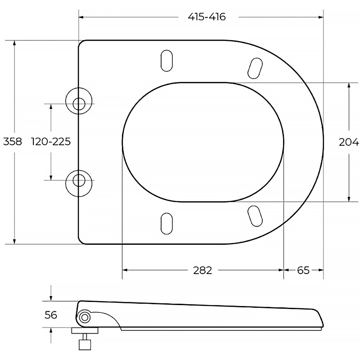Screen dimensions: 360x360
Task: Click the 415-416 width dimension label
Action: click(x=207, y=17)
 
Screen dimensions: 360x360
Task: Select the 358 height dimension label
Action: click(x=13, y=141)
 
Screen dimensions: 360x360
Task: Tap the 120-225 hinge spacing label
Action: click(x=51, y=141)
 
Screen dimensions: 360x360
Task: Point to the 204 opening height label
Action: click(x=349, y=142)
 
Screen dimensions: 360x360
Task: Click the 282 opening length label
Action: click(x=202, y=270)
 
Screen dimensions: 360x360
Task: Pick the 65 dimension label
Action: click(x=303, y=270)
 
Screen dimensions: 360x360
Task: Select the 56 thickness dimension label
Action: click(x=51, y=315)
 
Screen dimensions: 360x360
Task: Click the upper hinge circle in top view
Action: click(x=79, y=101)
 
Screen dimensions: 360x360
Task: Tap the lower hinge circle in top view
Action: click(x=79, y=184)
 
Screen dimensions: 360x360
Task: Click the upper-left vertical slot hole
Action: click(x=166, y=61)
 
